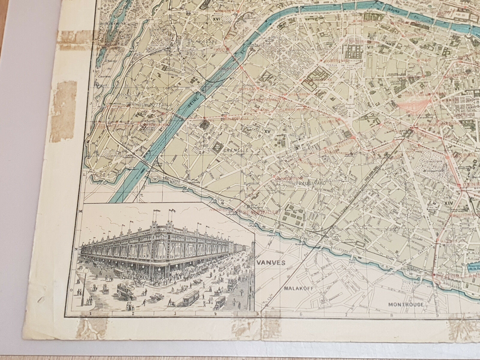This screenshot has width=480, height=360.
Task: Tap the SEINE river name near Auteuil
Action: tap(190, 102)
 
